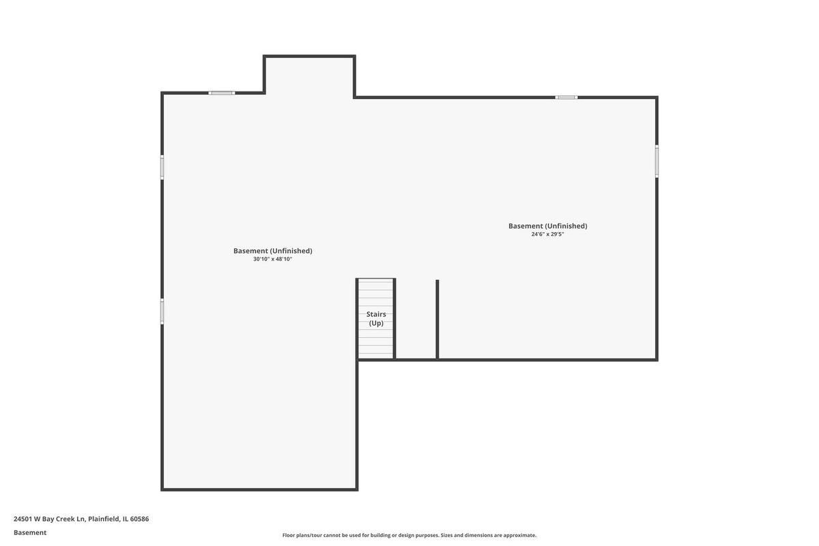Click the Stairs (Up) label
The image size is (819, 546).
(376, 319)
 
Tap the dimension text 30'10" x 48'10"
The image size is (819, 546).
(273, 259)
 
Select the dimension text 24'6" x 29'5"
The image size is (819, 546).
(547, 234)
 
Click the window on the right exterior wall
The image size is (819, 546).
(657, 161)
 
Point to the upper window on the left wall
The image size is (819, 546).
(162, 167)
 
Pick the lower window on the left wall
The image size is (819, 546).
(162, 311)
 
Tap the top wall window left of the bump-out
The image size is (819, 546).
(222, 93)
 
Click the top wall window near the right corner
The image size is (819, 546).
(566, 98)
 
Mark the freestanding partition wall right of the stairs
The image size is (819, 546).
(437, 319)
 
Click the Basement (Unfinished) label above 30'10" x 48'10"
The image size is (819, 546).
(273, 251)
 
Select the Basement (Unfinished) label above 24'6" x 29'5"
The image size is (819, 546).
(547, 226)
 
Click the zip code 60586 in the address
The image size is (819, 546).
(139, 519)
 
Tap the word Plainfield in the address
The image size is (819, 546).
(104, 519)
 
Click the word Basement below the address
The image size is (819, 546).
(30, 532)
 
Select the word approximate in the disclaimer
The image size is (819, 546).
(519, 535)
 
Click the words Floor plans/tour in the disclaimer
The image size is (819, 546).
(302, 535)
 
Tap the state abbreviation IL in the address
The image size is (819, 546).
(126, 519)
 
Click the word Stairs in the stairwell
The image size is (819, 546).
(376, 314)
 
